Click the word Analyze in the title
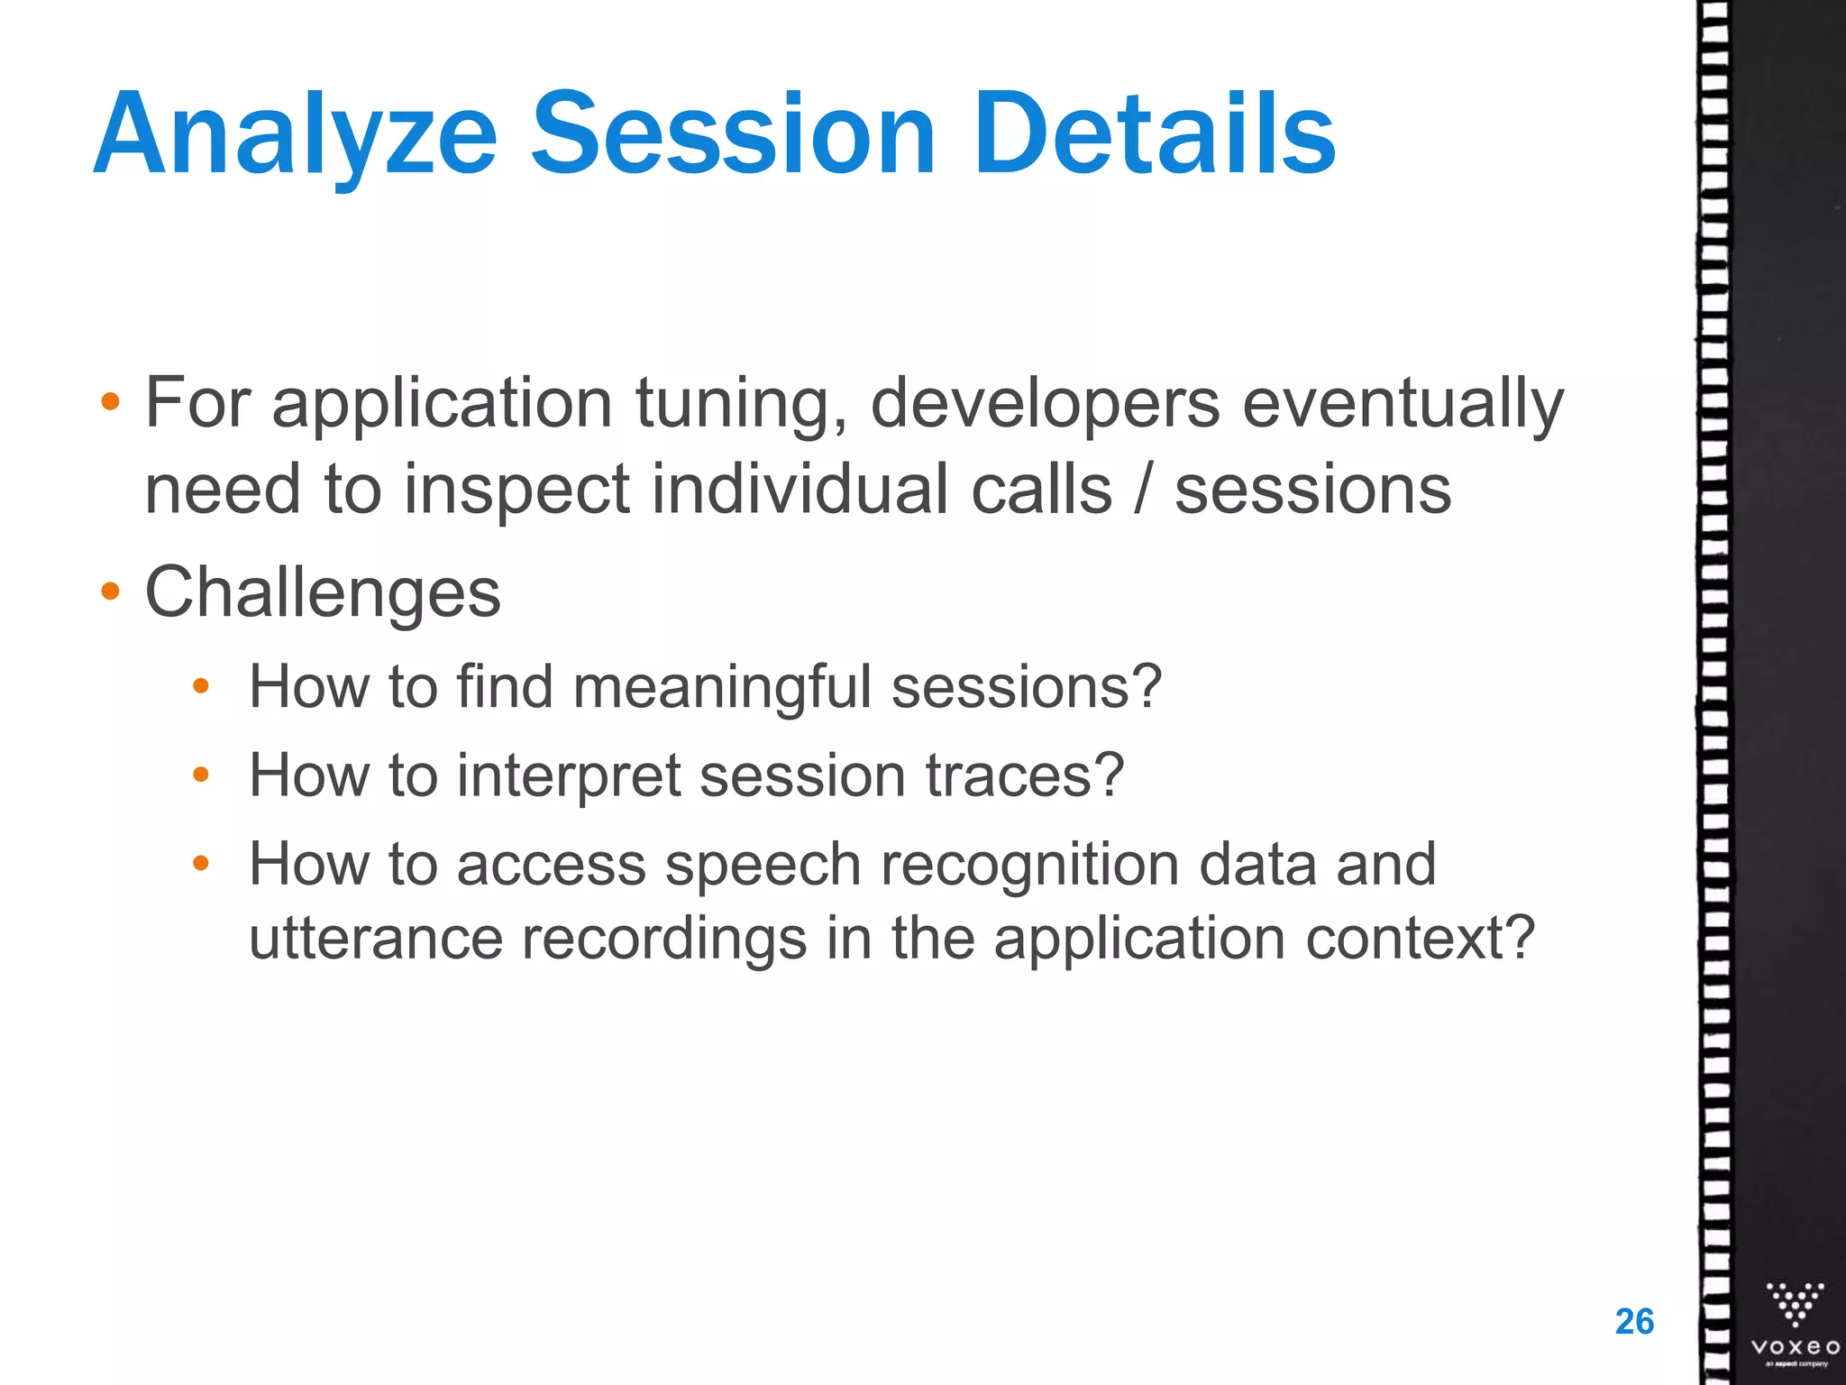[296, 135]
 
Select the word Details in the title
[1154, 135]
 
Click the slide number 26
[1634, 1322]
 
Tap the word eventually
[1403, 404]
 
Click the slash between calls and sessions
[1143, 491]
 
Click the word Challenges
[323, 593]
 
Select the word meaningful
[722, 688]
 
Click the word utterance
[375, 939]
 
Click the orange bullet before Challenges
[110, 592]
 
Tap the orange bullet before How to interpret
[201, 775]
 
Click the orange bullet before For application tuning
[110, 402]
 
